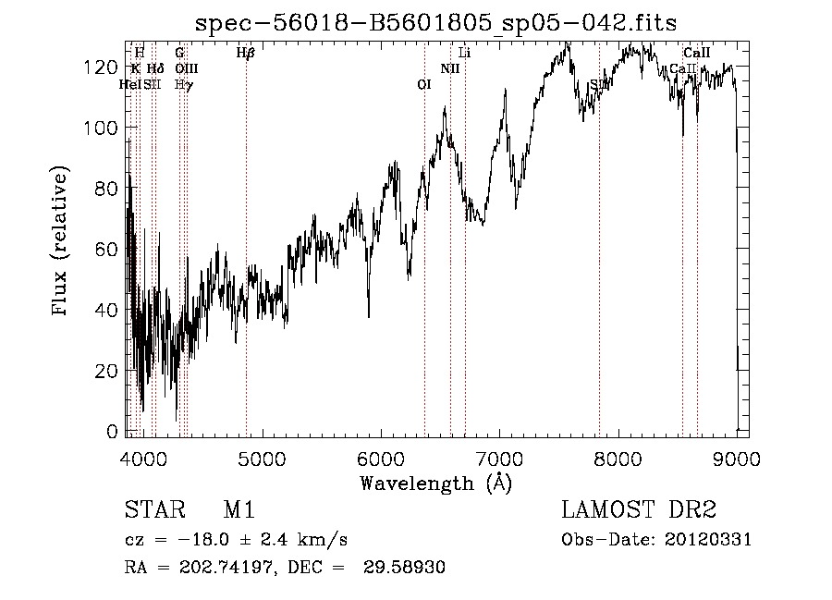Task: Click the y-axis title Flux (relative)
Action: [x=61, y=242]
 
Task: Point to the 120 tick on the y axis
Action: [x=105, y=67]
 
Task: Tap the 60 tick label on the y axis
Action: [x=108, y=250]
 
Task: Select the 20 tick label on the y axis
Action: [x=108, y=371]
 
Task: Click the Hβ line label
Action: [x=245, y=54]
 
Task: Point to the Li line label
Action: [x=465, y=54]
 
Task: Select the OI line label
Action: [x=424, y=85]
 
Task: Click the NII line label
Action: [x=450, y=69]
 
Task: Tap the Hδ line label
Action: [x=155, y=69]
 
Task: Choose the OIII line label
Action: [x=186, y=69]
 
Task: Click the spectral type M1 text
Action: [x=239, y=511]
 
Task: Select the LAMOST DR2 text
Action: [x=639, y=511]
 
